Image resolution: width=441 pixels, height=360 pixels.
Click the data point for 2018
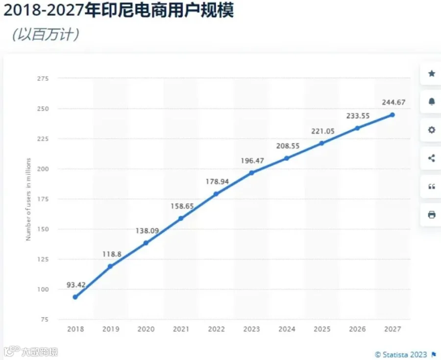(x=75, y=297)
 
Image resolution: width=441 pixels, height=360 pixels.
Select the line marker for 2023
(x=252, y=173)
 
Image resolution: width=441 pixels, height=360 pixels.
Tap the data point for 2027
(x=392, y=115)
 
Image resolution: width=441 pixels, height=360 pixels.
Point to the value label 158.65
(x=182, y=206)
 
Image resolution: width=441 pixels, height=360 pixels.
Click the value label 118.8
(x=112, y=254)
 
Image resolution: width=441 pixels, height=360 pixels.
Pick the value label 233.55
(x=358, y=116)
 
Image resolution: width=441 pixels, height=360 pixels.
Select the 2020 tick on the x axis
(x=146, y=329)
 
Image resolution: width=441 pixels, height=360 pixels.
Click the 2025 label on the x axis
(x=322, y=329)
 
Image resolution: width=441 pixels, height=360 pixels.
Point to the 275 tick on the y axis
(x=43, y=78)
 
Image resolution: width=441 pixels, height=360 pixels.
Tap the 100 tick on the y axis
(x=43, y=289)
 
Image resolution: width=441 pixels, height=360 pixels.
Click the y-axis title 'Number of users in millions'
(x=28, y=199)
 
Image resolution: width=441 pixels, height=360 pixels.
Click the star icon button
(x=431, y=73)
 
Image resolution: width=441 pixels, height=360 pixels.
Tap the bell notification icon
(x=431, y=101)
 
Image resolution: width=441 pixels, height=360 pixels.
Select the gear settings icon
(x=431, y=130)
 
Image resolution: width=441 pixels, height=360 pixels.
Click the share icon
(x=431, y=158)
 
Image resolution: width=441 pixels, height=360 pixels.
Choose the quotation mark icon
(x=431, y=187)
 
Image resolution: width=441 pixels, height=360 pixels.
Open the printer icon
(x=431, y=215)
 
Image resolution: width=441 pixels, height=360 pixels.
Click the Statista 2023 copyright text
(x=401, y=355)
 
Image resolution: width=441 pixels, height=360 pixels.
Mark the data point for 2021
(x=181, y=218)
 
